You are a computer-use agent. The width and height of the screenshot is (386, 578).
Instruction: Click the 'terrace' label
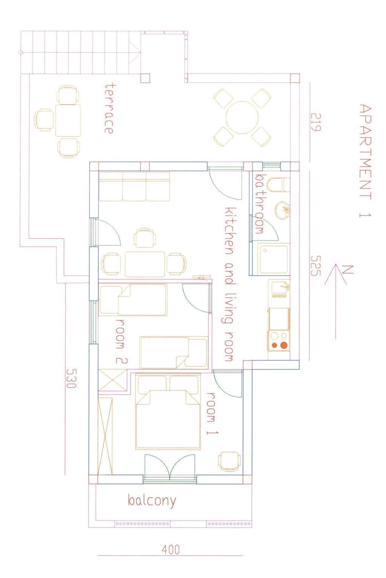pyautogui.click(x=109, y=108)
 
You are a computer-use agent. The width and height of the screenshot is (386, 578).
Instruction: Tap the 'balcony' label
pyautogui.click(x=152, y=501)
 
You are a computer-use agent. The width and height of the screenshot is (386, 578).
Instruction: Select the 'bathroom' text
pyautogui.click(x=259, y=203)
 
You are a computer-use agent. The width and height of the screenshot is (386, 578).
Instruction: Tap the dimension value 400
pyautogui.click(x=171, y=550)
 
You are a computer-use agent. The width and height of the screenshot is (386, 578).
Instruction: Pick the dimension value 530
pyautogui.click(x=71, y=378)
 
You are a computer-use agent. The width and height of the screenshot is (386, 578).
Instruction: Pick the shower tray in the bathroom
pyautogui.click(x=273, y=259)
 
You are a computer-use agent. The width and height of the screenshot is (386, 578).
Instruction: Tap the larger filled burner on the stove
pyautogui.click(x=283, y=345)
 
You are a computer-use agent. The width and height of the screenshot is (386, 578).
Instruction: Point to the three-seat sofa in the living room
pyautogui.click(x=134, y=187)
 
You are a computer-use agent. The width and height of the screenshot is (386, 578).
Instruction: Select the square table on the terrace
pyautogui.click(x=68, y=120)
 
